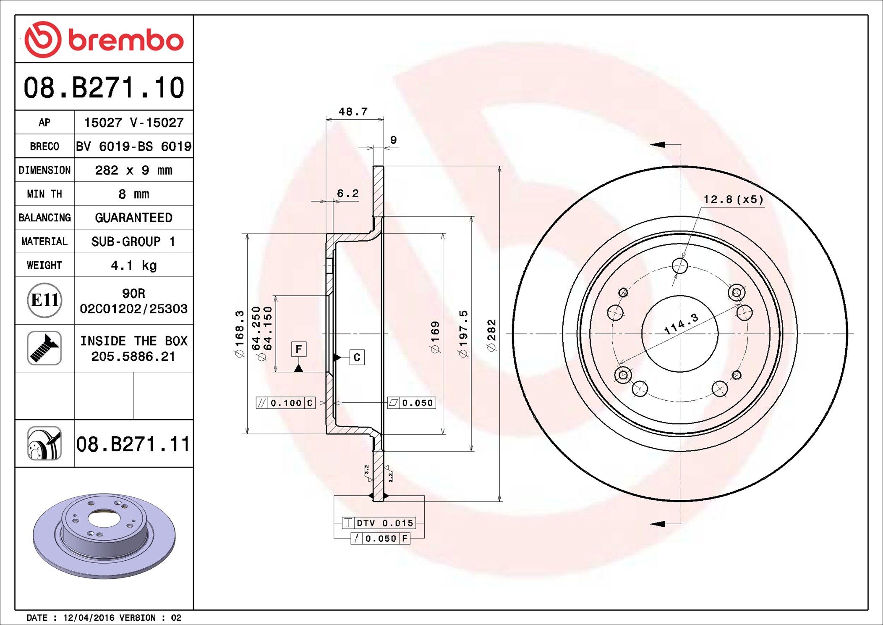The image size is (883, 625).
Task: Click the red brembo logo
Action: pos(104,40)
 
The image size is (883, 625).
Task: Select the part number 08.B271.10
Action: pos(104,88)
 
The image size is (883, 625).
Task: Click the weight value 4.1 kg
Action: pos(133,265)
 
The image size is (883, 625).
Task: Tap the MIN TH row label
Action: pos(44,194)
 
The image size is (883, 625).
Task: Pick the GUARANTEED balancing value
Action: pos(133,218)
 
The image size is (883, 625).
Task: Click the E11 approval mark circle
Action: pos(44,300)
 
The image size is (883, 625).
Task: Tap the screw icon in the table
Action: pos(44,348)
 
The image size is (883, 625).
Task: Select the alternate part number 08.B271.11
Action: pos(133,444)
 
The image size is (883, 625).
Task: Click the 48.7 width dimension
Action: pos(353,112)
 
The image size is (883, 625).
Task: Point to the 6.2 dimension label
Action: pos(348,193)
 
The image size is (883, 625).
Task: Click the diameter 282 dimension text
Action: pos(491,335)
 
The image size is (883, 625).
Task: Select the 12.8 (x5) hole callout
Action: pos(733,199)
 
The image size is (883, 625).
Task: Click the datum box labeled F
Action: pos(299,349)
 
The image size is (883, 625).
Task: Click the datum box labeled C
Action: pos(357,357)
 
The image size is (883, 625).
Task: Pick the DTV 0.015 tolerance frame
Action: pos(379,523)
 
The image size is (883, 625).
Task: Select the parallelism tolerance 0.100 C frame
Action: pos(286,403)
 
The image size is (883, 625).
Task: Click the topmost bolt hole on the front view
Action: pos(680,265)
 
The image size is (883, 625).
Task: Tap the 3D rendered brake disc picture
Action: pos(104,536)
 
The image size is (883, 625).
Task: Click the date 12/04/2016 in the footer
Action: pos(89,618)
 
